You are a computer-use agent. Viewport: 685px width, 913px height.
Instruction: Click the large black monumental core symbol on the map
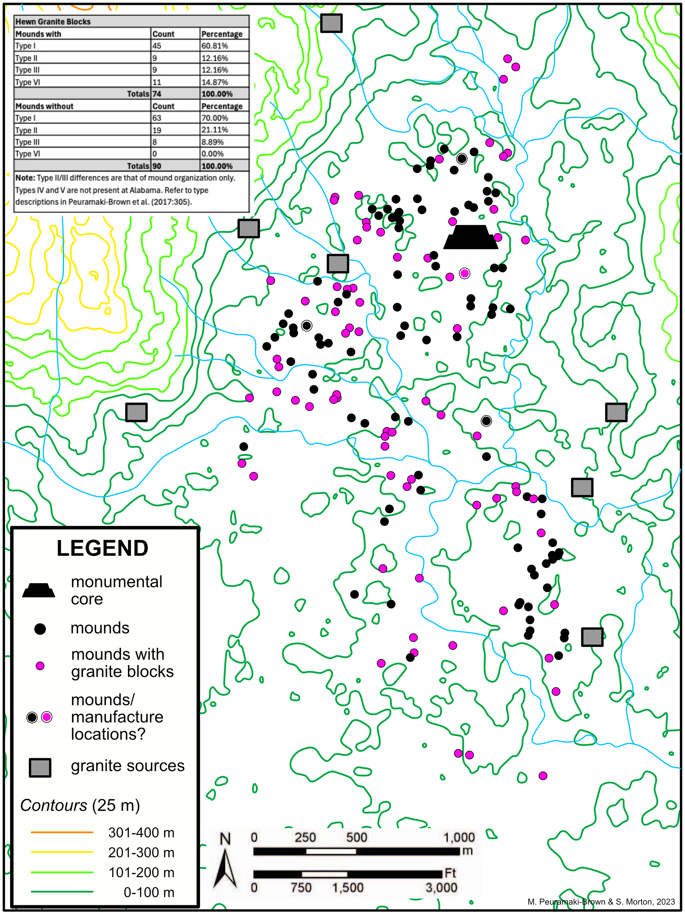coord(471,237)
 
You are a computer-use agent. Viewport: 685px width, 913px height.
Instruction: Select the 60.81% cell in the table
coord(214,46)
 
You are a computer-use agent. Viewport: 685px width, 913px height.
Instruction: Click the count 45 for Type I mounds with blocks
coord(157,46)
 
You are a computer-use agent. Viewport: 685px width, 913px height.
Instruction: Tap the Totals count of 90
coord(157,166)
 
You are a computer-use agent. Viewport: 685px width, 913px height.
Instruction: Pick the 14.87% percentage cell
coord(214,82)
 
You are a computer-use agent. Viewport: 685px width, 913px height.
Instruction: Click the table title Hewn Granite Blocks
coord(53,21)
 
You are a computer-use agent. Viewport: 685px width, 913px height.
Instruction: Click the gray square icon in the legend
coord(40,767)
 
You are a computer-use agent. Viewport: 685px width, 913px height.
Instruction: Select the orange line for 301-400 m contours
coord(62,833)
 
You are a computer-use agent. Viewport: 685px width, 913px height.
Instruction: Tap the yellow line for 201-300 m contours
coord(62,852)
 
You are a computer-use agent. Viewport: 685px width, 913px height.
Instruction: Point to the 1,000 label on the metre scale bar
coord(459,838)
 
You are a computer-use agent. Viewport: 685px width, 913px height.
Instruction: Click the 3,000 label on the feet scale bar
coord(441,888)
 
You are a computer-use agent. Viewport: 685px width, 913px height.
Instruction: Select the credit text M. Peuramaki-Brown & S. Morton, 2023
coord(601,901)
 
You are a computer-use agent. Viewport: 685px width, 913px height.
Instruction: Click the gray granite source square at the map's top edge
coord(331,23)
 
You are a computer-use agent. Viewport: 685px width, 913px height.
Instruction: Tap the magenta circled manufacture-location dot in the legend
coord(47,717)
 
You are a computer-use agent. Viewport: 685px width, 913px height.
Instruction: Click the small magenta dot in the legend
coord(40,666)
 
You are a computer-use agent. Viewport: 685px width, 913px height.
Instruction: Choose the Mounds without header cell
coord(45,106)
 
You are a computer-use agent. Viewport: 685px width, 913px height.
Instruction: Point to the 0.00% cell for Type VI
coord(212,154)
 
